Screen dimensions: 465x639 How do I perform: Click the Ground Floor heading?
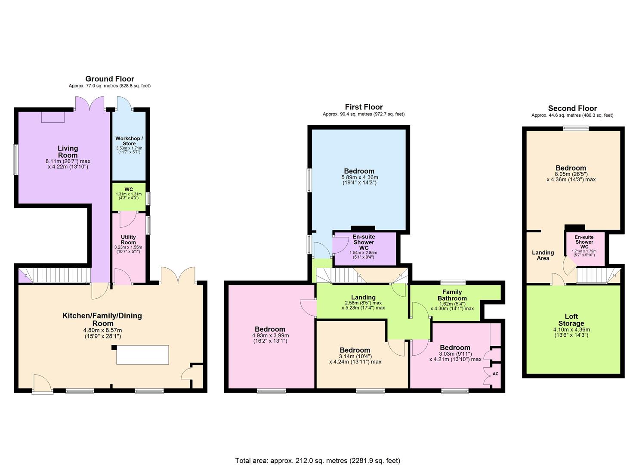(x=110, y=79)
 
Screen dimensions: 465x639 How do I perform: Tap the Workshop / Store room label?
(x=129, y=141)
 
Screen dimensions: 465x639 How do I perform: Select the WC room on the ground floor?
(x=129, y=196)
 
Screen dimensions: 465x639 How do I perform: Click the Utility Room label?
(x=128, y=240)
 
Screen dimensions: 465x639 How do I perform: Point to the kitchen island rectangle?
(x=143, y=354)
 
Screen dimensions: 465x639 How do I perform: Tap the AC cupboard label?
(x=495, y=374)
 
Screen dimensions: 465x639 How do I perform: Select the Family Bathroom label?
(x=452, y=295)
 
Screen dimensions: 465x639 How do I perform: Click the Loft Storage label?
(x=571, y=320)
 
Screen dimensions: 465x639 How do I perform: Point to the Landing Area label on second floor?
(x=543, y=255)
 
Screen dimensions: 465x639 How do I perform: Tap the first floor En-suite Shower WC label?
(x=364, y=242)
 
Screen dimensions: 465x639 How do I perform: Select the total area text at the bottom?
(x=318, y=461)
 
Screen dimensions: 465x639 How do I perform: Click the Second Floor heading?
(x=572, y=108)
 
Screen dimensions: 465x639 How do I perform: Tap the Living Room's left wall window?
(x=15, y=159)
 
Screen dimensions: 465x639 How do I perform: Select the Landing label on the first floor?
(x=363, y=297)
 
